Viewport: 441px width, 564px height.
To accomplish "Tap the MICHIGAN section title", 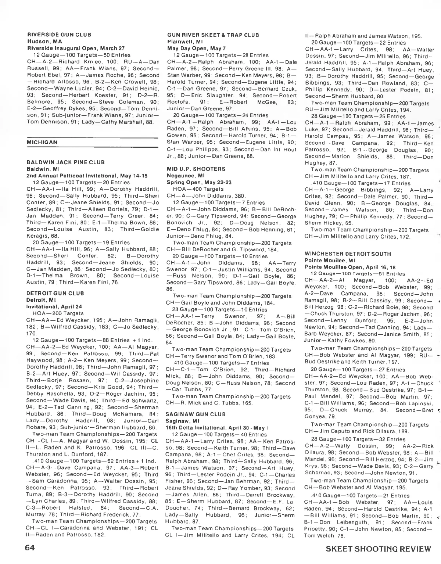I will (x=42, y=142).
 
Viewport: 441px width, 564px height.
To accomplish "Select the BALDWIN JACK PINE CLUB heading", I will (x=66, y=162).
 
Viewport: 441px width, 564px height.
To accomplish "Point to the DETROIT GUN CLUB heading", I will (x=55, y=293).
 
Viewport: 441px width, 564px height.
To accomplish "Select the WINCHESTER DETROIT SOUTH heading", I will (x=348, y=254).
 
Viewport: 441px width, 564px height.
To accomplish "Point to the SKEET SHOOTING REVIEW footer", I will (x=378, y=549).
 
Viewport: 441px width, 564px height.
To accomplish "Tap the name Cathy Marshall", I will (x=122, y=122).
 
